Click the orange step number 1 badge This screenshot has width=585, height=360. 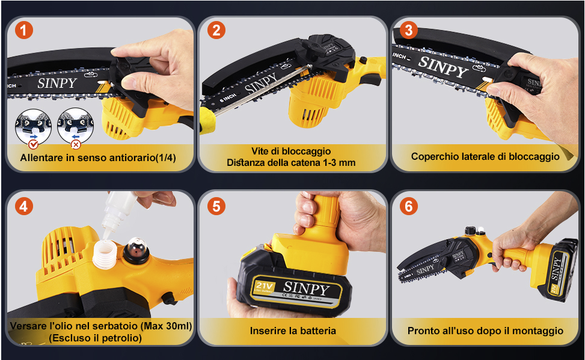24,30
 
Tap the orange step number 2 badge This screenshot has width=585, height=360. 216,30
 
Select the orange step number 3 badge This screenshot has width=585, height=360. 408,30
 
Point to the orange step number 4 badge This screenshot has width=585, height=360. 24,206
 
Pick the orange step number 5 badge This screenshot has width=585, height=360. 216,206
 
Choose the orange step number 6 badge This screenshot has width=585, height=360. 408,206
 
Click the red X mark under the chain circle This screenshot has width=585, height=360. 76,144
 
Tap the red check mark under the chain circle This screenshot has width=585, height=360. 34,144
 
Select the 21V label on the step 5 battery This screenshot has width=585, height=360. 265,287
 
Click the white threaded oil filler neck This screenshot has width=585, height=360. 105,254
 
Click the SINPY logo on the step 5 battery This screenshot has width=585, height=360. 306,288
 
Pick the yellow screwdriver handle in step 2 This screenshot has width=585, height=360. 207,120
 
